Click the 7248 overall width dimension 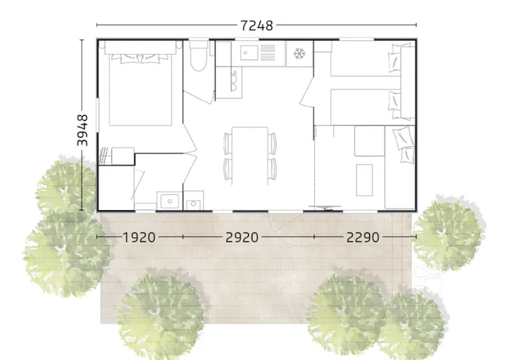[x=257, y=25]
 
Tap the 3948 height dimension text [x=83, y=131]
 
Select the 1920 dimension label [x=139, y=237]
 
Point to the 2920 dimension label [x=242, y=237]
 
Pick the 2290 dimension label [x=363, y=237]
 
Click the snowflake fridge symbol [x=298, y=53]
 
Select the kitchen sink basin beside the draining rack [x=248, y=52]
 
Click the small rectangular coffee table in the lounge [x=364, y=180]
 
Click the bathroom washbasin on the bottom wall [x=169, y=201]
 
